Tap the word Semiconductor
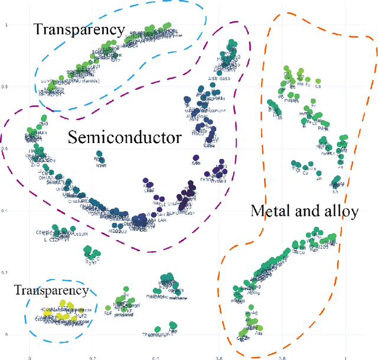124,138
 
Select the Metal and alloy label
304,211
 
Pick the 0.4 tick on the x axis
155,358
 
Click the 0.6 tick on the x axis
219,358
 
